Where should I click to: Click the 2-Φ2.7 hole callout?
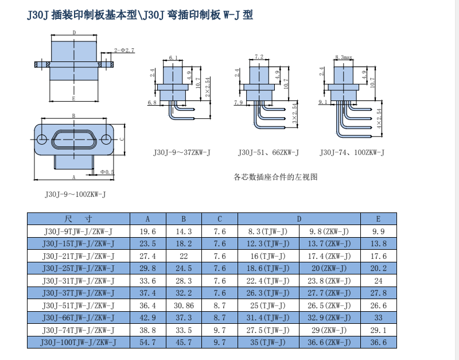pyautogui.click(x=124, y=51)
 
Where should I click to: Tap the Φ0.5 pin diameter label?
pyautogui.click(x=107, y=172)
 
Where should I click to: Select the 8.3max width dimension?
pyautogui.click(x=343, y=57)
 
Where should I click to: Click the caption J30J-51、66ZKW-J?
pyautogui.click(x=269, y=153)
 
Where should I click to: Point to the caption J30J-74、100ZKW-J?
pyautogui.click(x=352, y=153)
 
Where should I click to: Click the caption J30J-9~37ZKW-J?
pyautogui.click(x=182, y=153)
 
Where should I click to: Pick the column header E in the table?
pyautogui.click(x=378, y=219)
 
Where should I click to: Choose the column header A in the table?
pyautogui.click(x=147, y=219)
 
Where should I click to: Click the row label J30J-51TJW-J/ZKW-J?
pyautogui.click(x=79, y=305)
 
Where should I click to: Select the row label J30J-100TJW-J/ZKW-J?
pyautogui.click(x=79, y=342)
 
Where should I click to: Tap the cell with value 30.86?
pyautogui.click(x=184, y=305)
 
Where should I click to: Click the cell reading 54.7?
pyautogui.click(x=147, y=342)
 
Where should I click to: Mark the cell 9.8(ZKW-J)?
pyautogui.click(x=329, y=231)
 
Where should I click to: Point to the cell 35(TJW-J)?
pyautogui.click(x=267, y=342)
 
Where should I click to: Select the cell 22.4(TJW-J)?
pyautogui.click(x=267, y=281)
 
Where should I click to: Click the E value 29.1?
pyautogui.click(x=378, y=330)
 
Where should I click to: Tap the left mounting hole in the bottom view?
pyautogui.click(x=41, y=140)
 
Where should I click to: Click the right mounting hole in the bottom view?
pyautogui.click(x=106, y=140)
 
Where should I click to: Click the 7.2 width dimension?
pyautogui.click(x=258, y=56)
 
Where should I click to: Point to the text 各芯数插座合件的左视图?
pyautogui.click(x=275, y=177)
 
